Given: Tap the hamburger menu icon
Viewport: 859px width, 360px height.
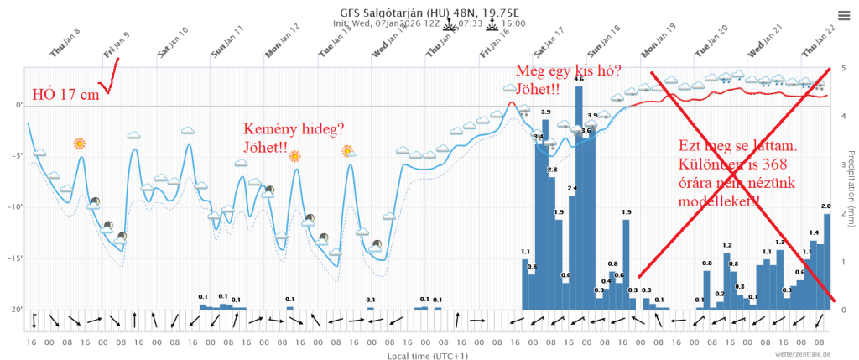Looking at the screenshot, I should [844, 14].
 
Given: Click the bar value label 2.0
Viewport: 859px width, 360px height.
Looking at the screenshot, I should [826, 206].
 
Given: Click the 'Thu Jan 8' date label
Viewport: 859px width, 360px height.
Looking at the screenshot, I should [65, 42].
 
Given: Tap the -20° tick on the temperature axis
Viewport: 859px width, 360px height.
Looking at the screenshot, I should [16, 310].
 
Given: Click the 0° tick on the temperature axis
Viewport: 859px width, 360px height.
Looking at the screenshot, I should [18, 105].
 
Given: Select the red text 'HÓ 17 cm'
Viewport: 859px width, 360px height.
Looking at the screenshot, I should [65, 95].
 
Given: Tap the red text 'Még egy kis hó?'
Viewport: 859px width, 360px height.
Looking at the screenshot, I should [569, 71].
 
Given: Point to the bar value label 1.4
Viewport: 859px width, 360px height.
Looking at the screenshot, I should [814, 232].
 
